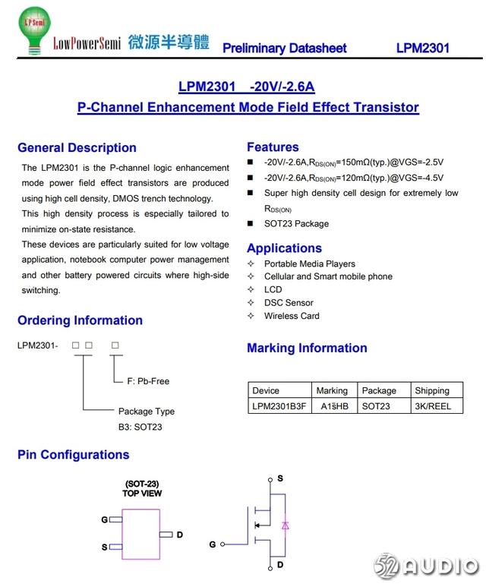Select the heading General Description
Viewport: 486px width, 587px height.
[77, 148]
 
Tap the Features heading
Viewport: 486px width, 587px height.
[273, 147]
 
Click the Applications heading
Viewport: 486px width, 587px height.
[284, 248]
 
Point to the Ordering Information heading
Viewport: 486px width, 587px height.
[80, 320]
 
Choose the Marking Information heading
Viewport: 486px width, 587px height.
[307, 349]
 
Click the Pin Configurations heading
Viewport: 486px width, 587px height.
[73, 455]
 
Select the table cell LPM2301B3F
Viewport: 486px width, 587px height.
[279, 406]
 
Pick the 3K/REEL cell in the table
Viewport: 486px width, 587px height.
[432, 406]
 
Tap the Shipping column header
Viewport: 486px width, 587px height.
[432, 390]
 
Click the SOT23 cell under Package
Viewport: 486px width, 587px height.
[376, 406]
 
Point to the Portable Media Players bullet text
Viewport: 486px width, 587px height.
[309, 264]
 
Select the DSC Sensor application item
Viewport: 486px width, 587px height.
[289, 303]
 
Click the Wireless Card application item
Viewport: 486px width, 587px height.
[292, 316]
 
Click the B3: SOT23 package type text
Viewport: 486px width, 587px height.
[140, 427]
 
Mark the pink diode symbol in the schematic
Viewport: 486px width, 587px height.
[285, 525]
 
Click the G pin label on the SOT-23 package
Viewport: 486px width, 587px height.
[105, 520]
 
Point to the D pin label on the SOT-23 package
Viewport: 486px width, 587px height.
[180, 535]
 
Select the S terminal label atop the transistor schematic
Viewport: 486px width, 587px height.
[280, 478]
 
